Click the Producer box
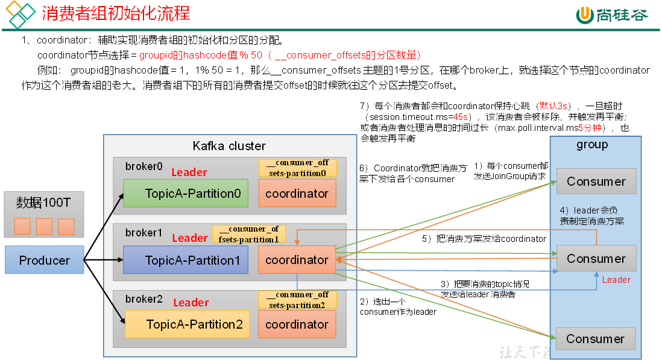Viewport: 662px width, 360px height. pyautogui.click(x=44, y=261)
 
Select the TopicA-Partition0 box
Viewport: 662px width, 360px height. pyautogui.click(x=186, y=194)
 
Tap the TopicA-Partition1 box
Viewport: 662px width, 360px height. pyautogui.click(x=186, y=261)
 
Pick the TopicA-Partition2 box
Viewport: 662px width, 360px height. pyautogui.click(x=186, y=324)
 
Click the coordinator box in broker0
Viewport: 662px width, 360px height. pyautogui.click(x=297, y=194)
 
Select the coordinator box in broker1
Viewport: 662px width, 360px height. pyautogui.click(x=297, y=261)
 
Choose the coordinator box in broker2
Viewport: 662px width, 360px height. pyautogui.click(x=297, y=324)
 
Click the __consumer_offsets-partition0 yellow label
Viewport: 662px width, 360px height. pyautogui.click(x=297, y=168)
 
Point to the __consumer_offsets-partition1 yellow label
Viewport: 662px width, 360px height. pyautogui.click(x=249, y=234)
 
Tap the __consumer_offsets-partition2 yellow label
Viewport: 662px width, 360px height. pyautogui.click(x=297, y=300)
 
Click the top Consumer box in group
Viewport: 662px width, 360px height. pyautogui.click(x=596, y=182)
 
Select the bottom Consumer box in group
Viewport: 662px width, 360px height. pyautogui.click(x=595, y=339)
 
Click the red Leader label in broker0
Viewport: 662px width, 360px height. pyautogui.click(x=189, y=172)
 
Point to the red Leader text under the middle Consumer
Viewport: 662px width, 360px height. pyautogui.click(x=616, y=280)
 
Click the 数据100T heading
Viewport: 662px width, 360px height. pyautogui.click(x=43, y=203)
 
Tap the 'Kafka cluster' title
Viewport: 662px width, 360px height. pyautogui.click(x=229, y=146)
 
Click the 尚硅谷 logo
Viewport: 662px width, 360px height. pyautogui.click(x=612, y=15)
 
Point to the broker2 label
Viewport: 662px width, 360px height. pyautogui.click(x=143, y=298)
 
